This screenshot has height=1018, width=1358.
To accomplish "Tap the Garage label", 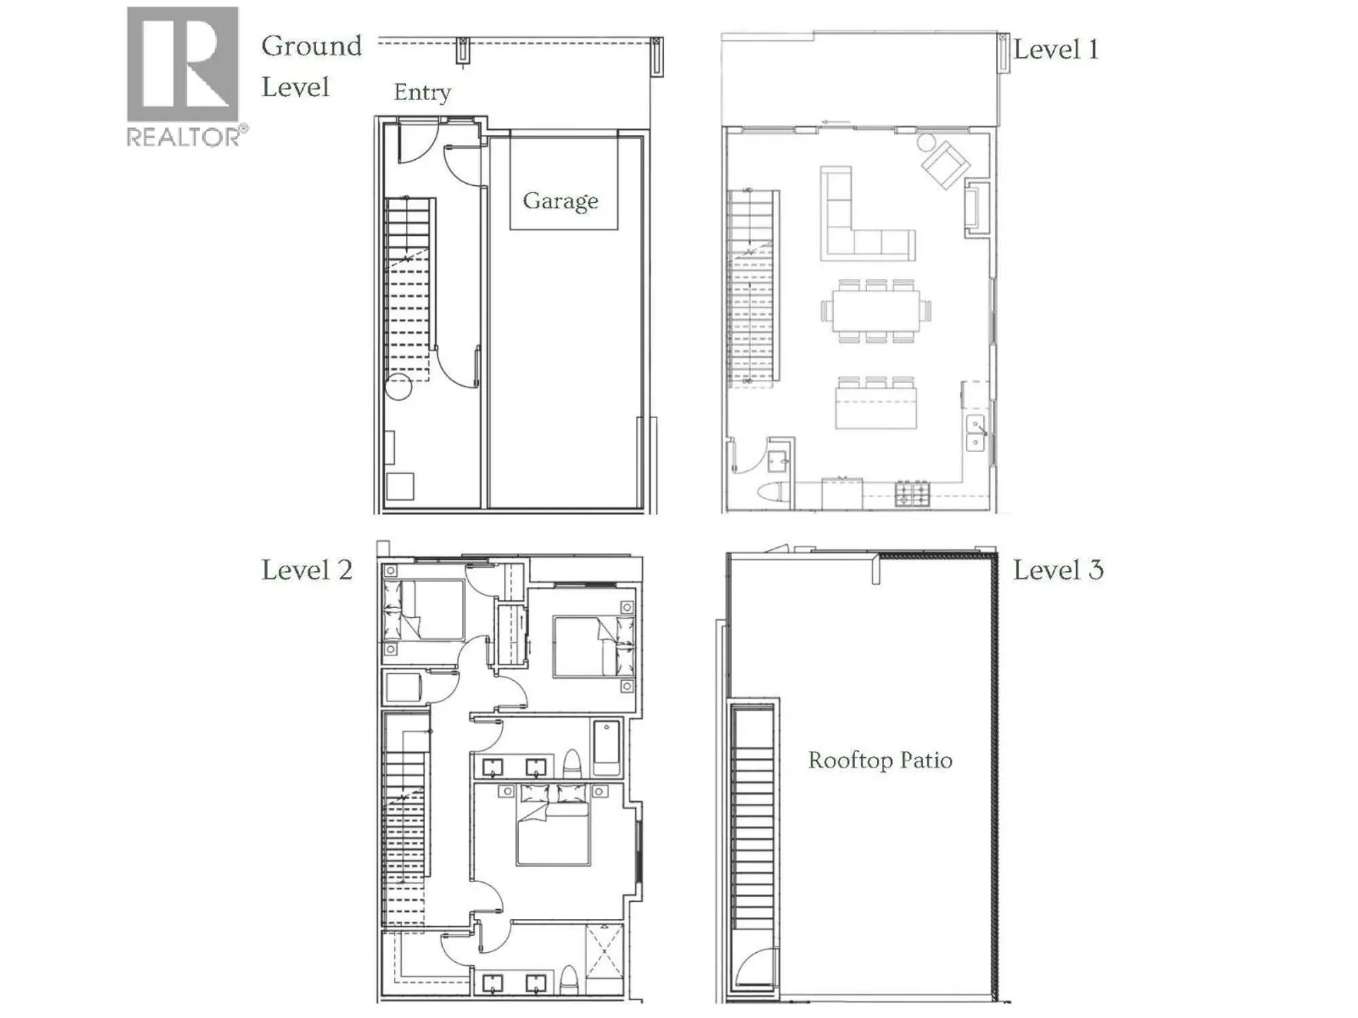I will (560, 201).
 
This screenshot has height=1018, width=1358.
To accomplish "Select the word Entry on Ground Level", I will (422, 92).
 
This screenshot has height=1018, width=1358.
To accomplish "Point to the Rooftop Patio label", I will (880, 760).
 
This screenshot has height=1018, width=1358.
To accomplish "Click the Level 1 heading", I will (1055, 49).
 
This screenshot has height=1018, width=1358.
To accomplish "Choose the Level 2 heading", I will (307, 570).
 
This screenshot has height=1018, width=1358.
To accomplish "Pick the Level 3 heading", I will (1058, 570).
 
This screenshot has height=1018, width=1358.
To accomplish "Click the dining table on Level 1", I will (876, 311).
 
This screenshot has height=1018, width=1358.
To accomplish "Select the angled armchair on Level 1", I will (946, 165).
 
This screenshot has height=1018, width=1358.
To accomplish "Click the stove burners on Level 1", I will (912, 493).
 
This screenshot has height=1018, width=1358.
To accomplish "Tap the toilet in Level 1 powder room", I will (772, 491).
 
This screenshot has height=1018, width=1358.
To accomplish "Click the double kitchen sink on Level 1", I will (975, 434).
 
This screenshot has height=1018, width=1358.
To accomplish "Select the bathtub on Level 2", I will (606, 748).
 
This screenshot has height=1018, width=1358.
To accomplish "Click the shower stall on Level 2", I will (604, 952).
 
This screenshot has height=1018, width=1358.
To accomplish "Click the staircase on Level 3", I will (753, 820).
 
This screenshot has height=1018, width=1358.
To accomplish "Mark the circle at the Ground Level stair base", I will (399, 387).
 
